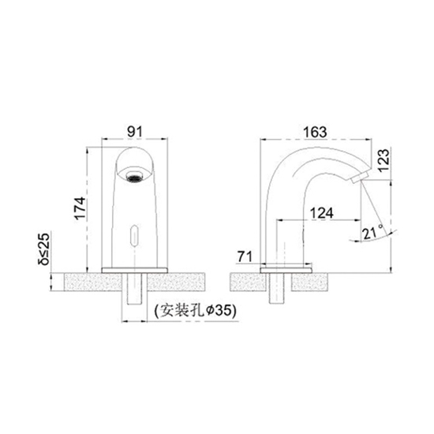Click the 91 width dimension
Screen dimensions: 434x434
tap(135, 132)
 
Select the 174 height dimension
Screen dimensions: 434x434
tap(80, 208)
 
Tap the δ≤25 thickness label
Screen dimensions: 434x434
tap(44, 249)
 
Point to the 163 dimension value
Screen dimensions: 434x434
tap(315, 132)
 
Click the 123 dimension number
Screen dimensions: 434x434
tap(383, 160)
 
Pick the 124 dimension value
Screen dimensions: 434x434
tap(322, 213)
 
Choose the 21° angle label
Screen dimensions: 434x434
tap(372, 233)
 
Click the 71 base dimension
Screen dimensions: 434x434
tap(245, 257)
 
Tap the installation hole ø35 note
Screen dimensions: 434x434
tap(196, 311)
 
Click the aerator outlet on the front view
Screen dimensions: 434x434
tap(135, 176)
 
